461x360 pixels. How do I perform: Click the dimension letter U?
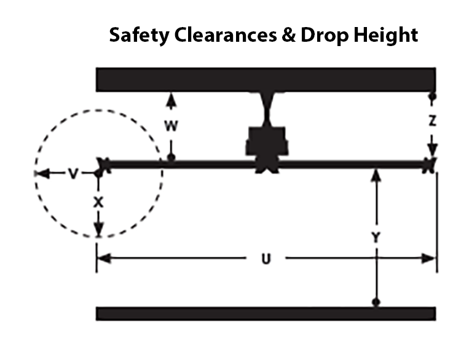click(x=265, y=259)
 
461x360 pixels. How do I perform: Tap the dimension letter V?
click(x=73, y=174)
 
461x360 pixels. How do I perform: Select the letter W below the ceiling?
click(x=171, y=126)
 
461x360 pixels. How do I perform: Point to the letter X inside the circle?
click(x=97, y=202)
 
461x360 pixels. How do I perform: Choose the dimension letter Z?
click(x=433, y=122)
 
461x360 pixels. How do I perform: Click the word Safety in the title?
click(x=137, y=36)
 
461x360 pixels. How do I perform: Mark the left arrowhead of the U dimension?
click(x=102, y=259)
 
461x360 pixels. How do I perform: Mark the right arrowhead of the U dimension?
click(x=431, y=259)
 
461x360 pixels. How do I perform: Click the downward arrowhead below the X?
click(x=98, y=232)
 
